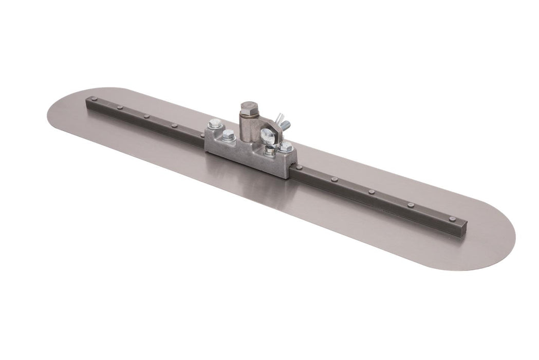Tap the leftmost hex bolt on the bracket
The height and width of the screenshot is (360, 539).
(x=215, y=123)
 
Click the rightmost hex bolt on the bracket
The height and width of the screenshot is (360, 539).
(x=286, y=147)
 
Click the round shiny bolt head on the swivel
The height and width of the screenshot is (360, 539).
(x=267, y=136)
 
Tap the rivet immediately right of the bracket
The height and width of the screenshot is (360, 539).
(x=299, y=168)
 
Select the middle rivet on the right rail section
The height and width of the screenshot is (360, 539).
(x=370, y=192)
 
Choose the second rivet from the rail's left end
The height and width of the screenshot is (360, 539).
(x=119, y=107)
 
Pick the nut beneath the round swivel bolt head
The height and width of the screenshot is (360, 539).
(x=269, y=151)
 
